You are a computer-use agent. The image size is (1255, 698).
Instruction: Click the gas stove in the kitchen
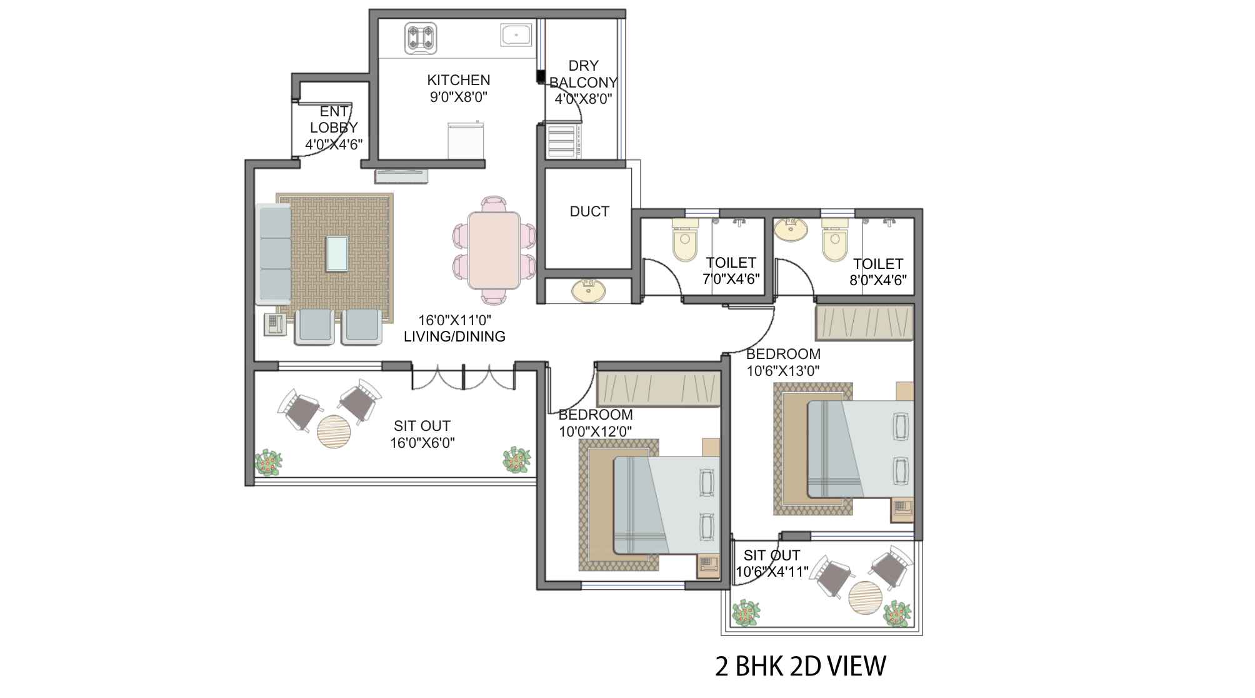point(421,37)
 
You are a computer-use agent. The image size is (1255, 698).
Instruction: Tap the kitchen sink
point(516,34)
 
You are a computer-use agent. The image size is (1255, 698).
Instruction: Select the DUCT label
point(589,211)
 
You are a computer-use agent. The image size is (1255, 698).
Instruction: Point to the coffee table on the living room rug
point(337,254)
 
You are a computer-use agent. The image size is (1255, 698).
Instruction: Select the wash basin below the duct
point(588,291)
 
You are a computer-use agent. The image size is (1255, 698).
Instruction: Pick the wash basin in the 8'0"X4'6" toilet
point(790,229)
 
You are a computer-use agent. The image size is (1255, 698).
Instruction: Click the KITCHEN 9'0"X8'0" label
point(459,88)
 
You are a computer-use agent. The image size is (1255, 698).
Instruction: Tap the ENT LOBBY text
point(334,119)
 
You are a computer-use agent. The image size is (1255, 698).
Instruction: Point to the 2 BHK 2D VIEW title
point(801,667)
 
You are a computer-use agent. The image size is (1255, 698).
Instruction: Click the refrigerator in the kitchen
point(466,141)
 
